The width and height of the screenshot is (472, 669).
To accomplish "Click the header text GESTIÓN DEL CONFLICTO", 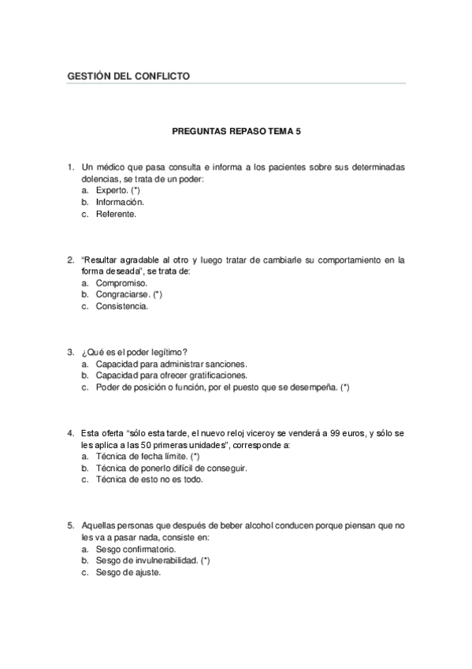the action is coord(129,77).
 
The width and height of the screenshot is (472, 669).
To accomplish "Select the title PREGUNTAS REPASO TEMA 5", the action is coord(236,133).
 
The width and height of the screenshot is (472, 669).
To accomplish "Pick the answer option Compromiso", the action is coord(121,282).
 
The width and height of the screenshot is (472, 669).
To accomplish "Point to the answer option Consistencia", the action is coord(121,306).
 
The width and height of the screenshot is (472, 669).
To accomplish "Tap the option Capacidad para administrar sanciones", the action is coord(171,364).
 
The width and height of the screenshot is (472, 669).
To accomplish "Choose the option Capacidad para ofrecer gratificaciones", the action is coord(171,376).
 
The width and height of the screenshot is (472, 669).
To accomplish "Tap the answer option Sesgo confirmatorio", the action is coord(136,548).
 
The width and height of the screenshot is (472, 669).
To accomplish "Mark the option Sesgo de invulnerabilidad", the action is coord(147,560).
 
